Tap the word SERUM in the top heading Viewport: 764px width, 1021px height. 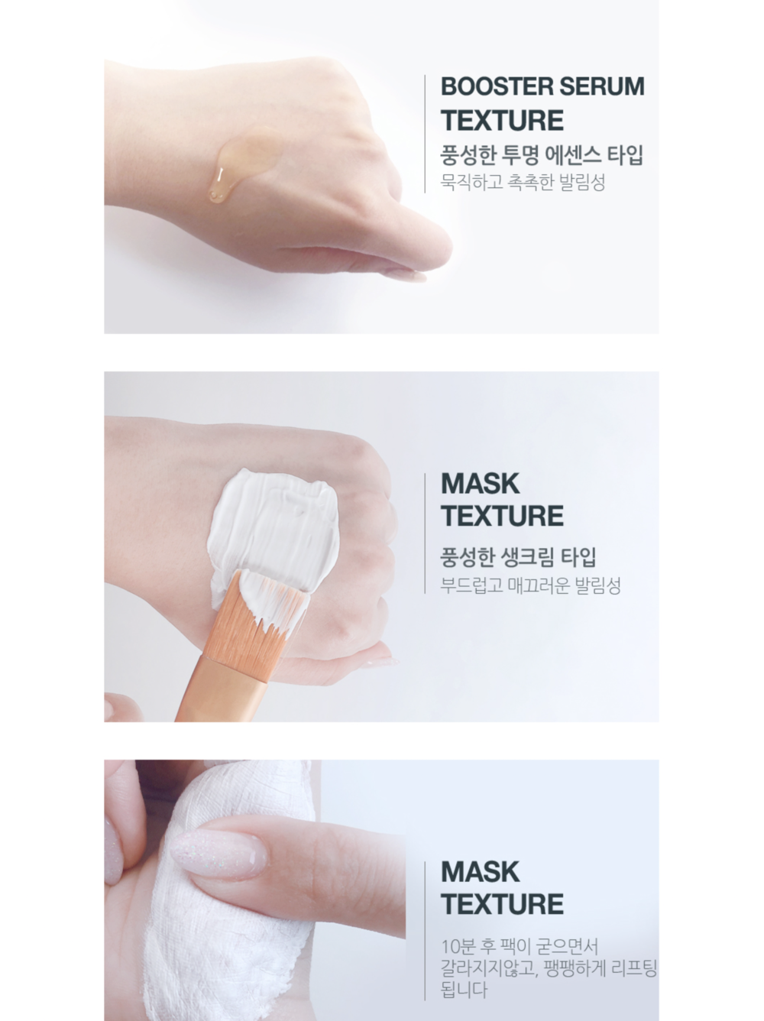click(602, 86)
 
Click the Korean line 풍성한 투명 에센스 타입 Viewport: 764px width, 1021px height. click(542, 155)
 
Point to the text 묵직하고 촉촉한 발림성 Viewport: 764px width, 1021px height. click(523, 182)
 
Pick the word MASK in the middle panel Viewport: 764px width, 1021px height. click(480, 484)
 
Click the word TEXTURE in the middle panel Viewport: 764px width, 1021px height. click(502, 516)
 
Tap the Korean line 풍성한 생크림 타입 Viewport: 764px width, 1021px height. click(518, 557)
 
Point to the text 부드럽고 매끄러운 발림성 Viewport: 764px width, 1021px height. click(530, 585)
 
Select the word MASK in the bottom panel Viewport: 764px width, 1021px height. click(480, 872)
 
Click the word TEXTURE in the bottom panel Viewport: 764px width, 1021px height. click(502, 904)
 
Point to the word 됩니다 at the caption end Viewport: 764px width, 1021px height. click(464, 990)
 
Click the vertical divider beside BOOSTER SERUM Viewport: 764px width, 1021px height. click(425, 134)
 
